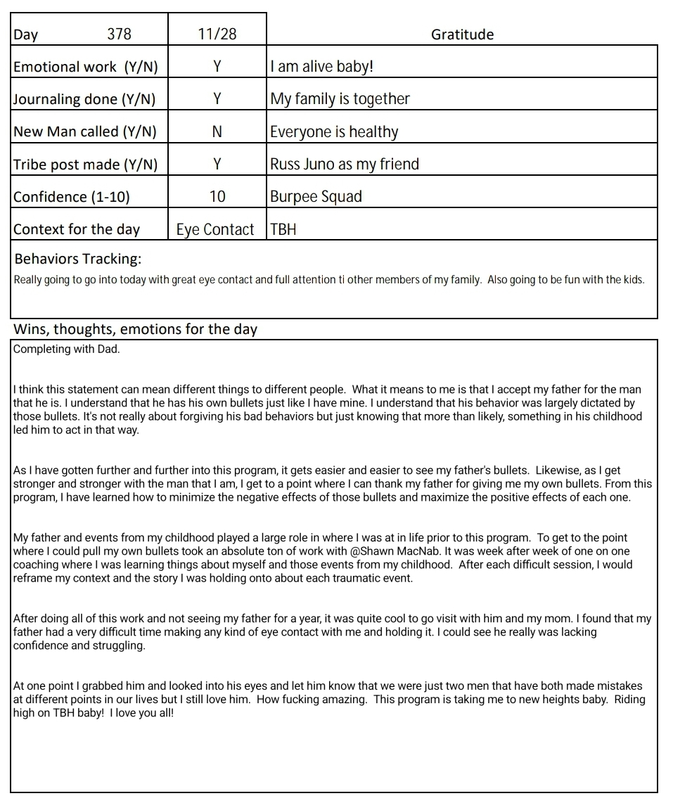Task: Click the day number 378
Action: [119, 34]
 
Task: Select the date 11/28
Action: [217, 34]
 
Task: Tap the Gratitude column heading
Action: [462, 34]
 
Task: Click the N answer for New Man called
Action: [217, 131]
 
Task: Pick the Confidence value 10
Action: [217, 196]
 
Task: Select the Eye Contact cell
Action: [215, 229]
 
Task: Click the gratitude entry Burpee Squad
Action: [316, 196]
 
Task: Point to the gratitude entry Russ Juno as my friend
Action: [345, 164]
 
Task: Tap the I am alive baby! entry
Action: [322, 67]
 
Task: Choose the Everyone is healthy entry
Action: [334, 131]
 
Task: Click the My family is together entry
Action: [340, 99]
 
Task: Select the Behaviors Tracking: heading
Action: [77, 259]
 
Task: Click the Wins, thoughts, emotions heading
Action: [135, 329]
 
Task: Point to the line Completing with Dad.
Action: [67, 349]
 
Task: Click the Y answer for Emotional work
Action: [217, 67]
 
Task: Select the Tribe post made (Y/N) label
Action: [86, 165]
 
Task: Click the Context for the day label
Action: [77, 229]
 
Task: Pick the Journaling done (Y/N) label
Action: [84, 99]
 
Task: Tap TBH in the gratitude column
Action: [283, 229]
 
